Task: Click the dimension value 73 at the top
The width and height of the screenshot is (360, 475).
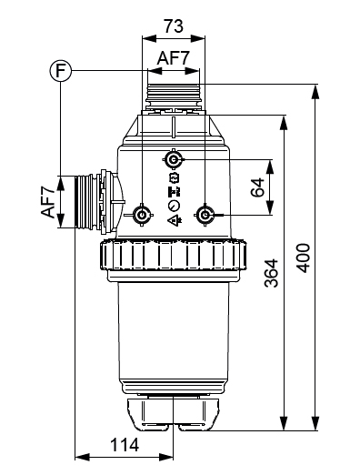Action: point(173,25)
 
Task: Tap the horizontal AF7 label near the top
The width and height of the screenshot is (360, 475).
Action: point(173,58)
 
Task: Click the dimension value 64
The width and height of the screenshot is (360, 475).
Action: point(256,187)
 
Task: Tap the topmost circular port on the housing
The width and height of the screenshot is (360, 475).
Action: point(174,160)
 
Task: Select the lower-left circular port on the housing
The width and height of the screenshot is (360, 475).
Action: point(142,215)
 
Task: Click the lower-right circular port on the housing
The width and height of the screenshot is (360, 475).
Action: point(205,215)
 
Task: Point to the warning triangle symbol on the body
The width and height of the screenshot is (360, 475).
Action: point(174,218)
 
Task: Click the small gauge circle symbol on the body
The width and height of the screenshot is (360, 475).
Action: point(174,206)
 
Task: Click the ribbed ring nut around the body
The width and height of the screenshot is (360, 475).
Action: point(172,258)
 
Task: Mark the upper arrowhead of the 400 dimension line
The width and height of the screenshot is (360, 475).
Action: point(315,88)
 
